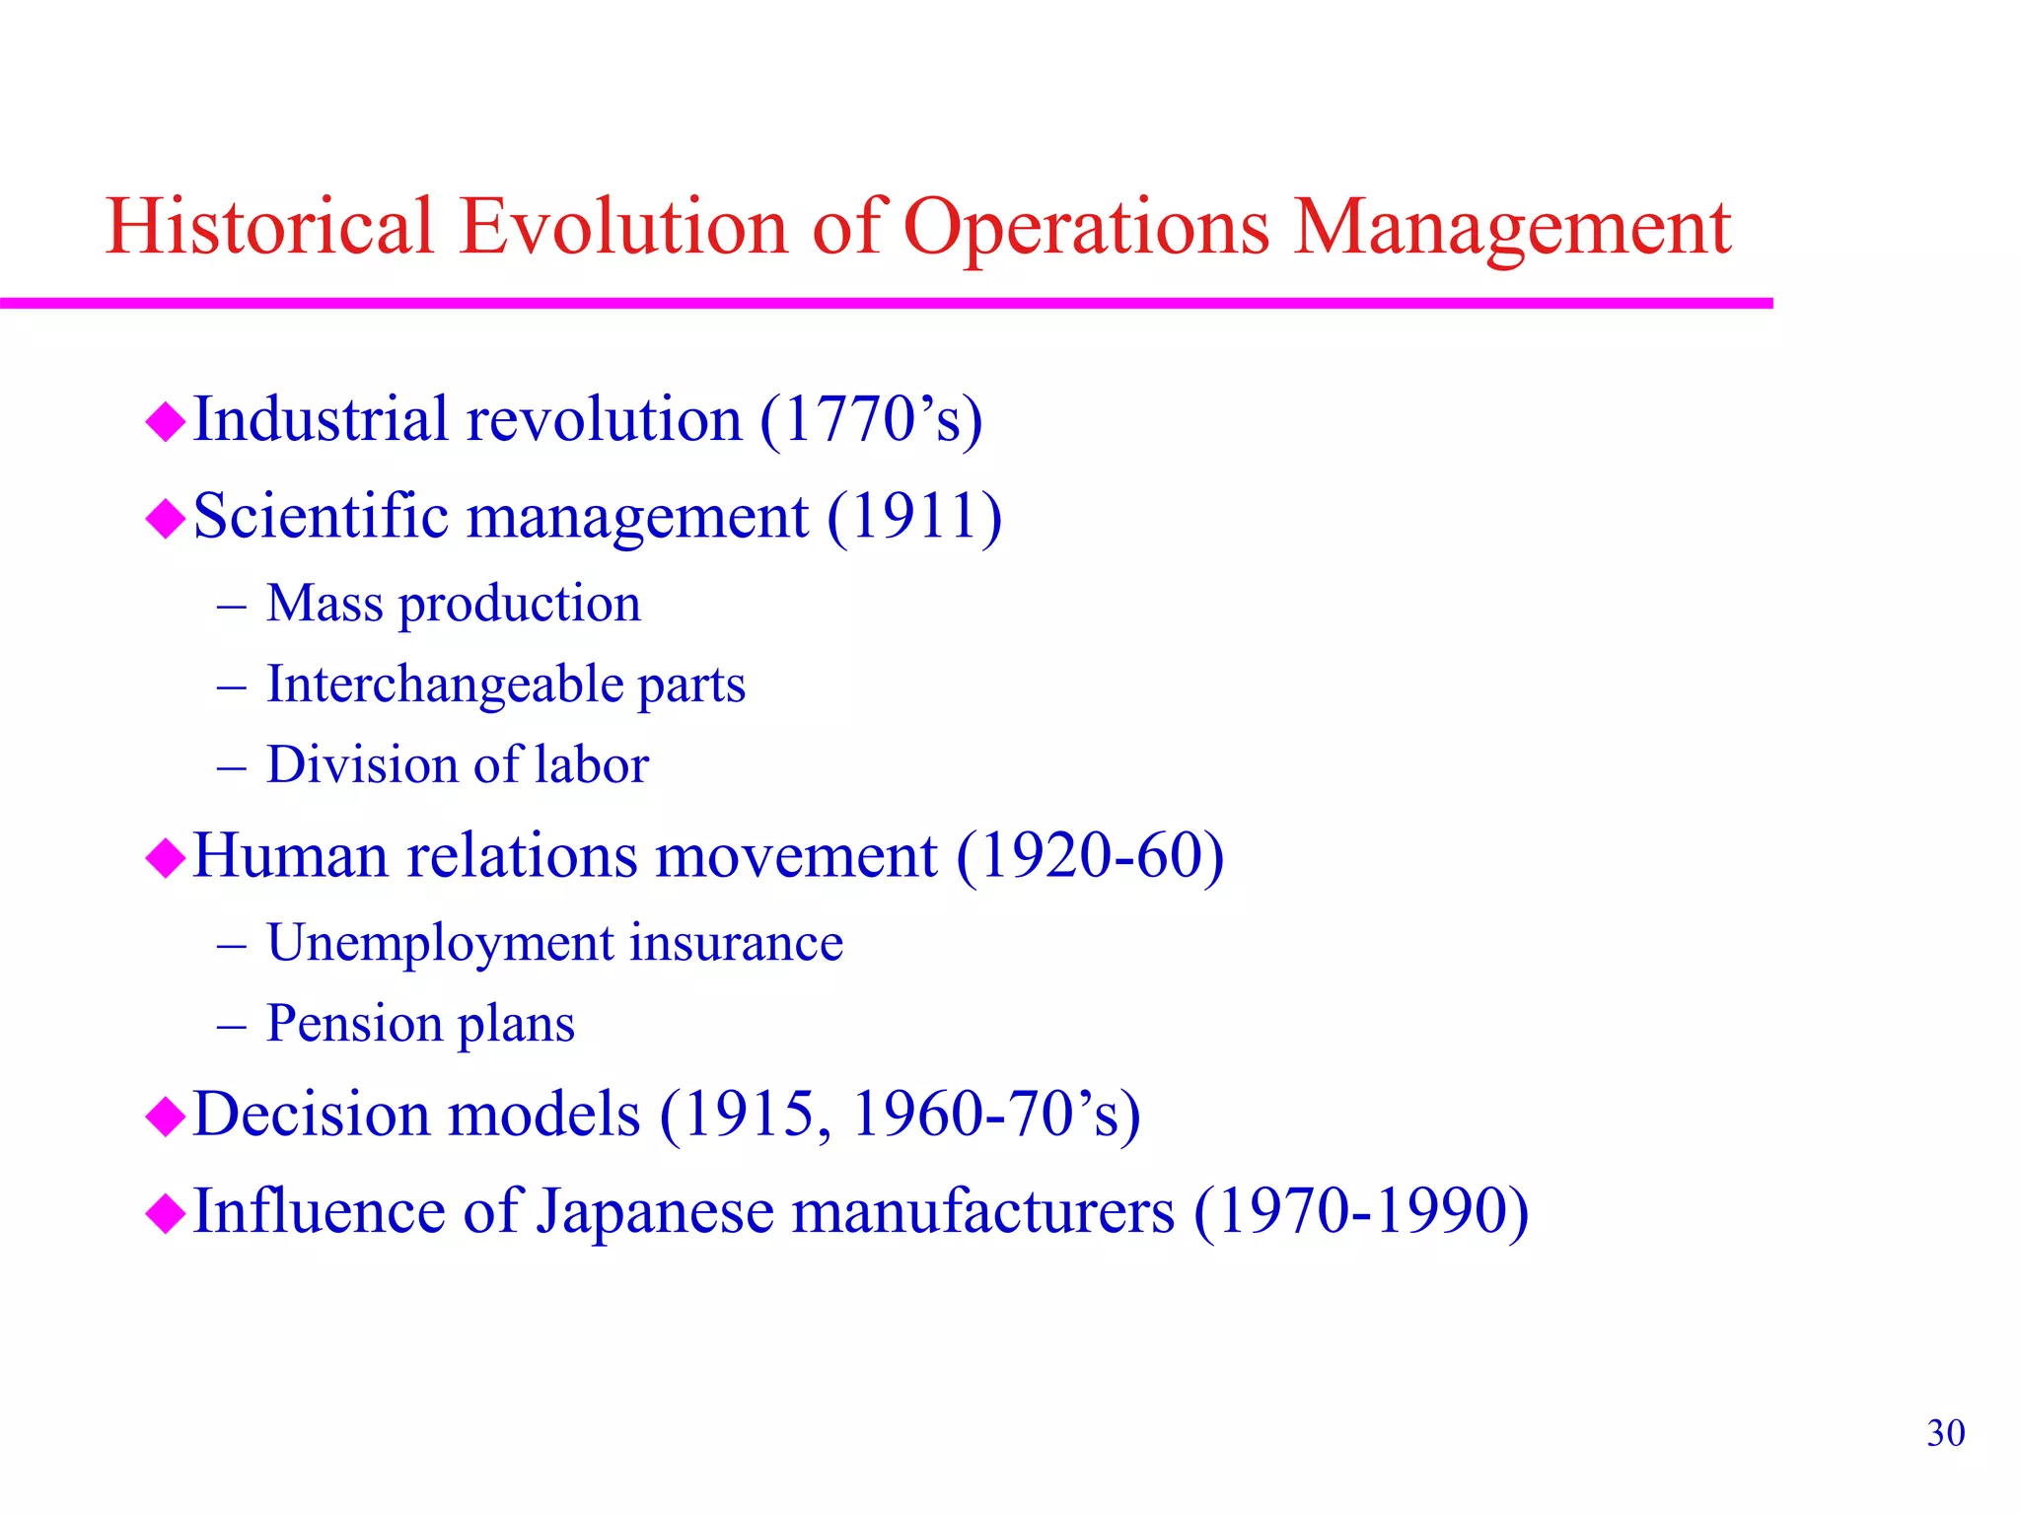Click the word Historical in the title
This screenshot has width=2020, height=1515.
pos(269,226)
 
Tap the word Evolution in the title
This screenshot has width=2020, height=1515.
pos(623,226)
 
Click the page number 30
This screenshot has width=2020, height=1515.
pos(1945,1433)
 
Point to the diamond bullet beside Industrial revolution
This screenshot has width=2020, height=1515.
pos(165,422)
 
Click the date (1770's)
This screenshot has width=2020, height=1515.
pos(871,419)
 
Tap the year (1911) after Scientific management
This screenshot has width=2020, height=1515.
pos(914,516)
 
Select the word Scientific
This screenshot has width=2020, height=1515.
pos(321,516)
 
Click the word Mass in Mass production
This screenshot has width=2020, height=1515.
pos(324,603)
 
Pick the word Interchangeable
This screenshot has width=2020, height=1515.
pos(444,684)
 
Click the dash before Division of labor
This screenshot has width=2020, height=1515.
pos(231,766)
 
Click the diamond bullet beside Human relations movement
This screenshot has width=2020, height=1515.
pos(165,857)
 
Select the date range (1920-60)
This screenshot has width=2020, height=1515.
pos(1090,855)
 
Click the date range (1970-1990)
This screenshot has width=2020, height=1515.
pos(1361,1210)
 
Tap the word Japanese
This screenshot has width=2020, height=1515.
pos(655,1212)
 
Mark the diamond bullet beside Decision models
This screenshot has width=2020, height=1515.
pos(165,1117)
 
